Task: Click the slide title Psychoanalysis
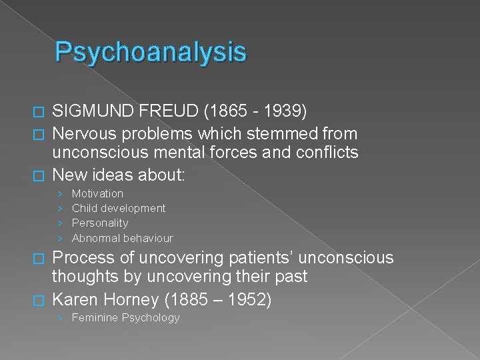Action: pos(151,52)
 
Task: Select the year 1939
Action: pos(283,109)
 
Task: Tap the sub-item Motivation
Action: pos(97,193)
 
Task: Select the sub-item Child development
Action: pos(119,208)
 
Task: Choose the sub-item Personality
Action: pos(100,223)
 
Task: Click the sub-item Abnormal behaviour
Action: pos(122,238)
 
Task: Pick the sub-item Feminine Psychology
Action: pos(125,317)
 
